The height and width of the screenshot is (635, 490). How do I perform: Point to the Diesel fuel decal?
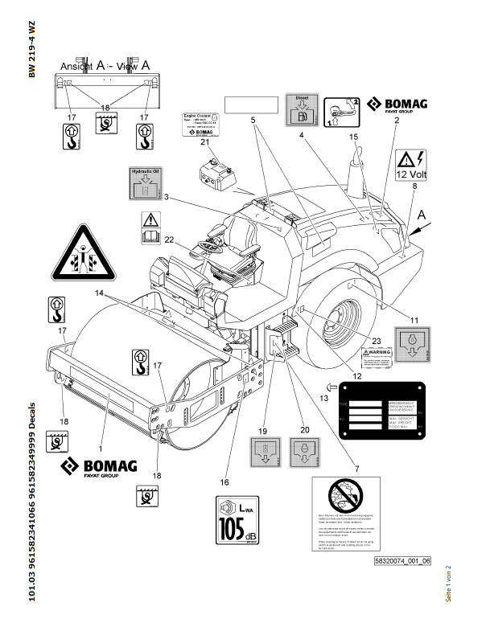tap(303, 112)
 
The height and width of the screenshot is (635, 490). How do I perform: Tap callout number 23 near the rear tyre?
tap(377, 341)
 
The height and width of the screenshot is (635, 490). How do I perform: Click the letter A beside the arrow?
tap(424, 214)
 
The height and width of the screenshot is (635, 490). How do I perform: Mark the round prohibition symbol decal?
tap(344, 496)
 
